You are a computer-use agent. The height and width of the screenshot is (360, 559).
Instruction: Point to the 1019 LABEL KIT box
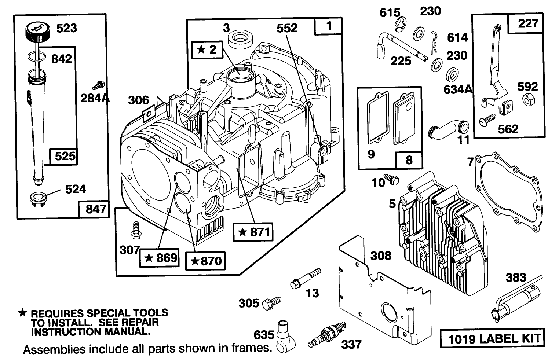[492, 338]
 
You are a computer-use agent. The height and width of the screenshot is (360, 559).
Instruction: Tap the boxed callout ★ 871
[254, 232]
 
